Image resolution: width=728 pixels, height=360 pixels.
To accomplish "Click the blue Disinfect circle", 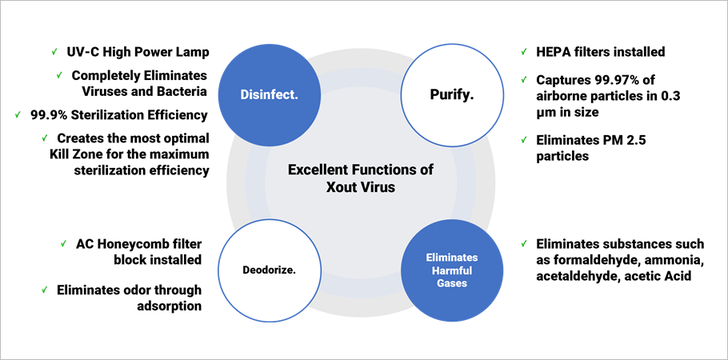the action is coord(270,95).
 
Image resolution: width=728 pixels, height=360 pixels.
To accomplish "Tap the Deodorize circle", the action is coord(270,270).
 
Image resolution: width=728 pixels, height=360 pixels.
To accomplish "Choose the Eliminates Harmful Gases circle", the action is coord(452,270).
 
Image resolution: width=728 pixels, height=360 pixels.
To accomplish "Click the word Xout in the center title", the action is coord(340,188).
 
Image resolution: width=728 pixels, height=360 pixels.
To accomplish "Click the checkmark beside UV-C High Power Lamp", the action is coord(54,52).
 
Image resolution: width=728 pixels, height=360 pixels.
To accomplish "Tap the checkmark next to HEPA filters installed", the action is coord(524,51).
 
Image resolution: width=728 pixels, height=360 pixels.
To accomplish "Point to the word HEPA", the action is coord(552,51).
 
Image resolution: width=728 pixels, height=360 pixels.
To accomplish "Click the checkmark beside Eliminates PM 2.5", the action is coord(524,140).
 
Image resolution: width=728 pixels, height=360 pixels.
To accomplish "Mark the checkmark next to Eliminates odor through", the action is coord(45,290).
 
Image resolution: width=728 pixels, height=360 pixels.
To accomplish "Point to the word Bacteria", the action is coord(182,91).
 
